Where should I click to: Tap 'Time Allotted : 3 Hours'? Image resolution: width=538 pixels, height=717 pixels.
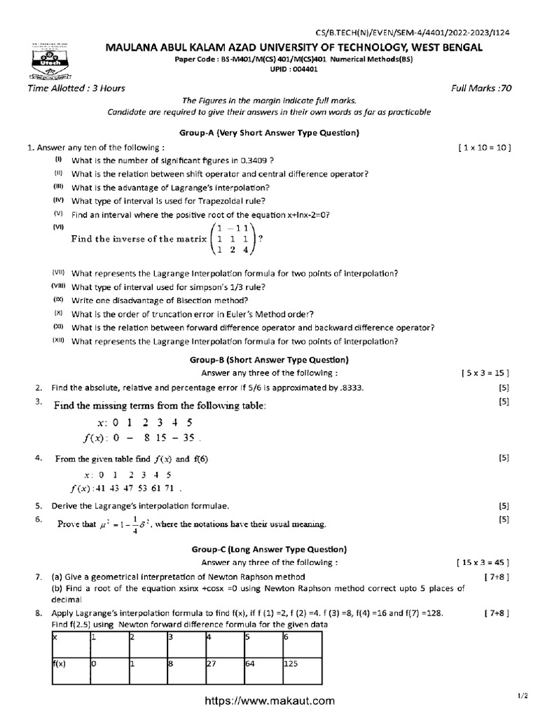pos(67,89)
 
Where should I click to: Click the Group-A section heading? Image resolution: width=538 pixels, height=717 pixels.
pos(269,133)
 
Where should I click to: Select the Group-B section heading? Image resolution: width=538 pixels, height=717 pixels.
pos(269,360)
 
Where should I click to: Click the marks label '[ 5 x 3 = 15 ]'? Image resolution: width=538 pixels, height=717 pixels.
pos(485,373)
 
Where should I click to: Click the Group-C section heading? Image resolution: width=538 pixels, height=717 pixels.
pos(269,550)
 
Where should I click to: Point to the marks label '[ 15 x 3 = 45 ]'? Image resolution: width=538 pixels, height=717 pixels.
pos(483,562)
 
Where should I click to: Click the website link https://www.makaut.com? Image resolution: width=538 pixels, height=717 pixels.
pos(269,700)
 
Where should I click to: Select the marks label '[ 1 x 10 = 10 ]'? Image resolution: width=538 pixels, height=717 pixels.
pos(484,148)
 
